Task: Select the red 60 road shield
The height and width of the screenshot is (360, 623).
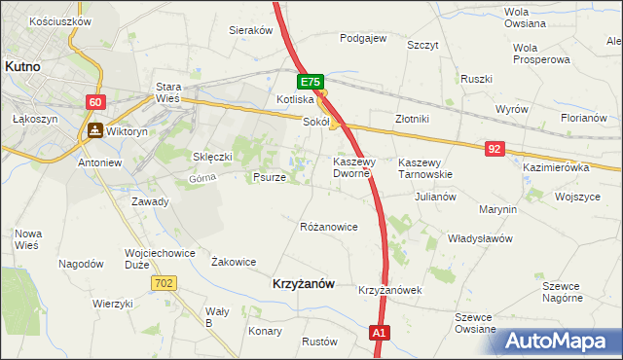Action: [x=94, y=101]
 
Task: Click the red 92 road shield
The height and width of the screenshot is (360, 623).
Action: [x=495, y=148]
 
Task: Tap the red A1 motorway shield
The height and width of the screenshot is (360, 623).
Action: [x=381, y=334]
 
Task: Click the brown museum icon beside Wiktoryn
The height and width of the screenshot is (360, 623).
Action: [x=94, y=129]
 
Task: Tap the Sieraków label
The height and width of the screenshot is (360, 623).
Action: [x=250, y=30]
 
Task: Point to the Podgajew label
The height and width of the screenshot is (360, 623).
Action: [x=363, y=39]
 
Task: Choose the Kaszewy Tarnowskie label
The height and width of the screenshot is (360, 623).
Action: [x=425, y=168]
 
